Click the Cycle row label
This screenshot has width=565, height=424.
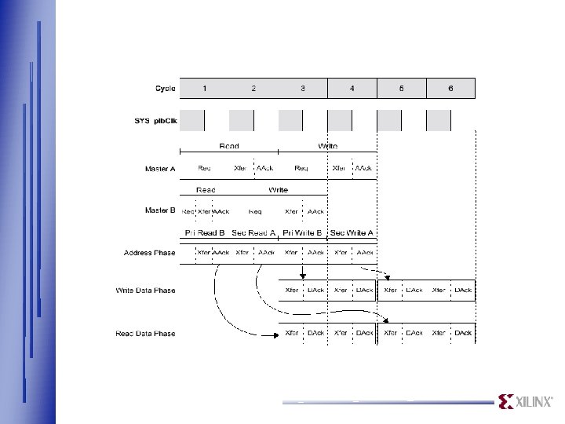pyautogui.click(x=165, y=88)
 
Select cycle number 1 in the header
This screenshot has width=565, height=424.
pyautogui.click(x=205, y=88)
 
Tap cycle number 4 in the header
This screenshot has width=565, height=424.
pyautogui.click(x=352, y=88)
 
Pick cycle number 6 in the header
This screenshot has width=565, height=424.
pyautogui.click(x=450, y=88)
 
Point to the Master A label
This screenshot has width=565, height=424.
pyautogui.click(x=162, y=169)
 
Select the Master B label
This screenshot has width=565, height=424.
pyautogui.click(x=162, y=211)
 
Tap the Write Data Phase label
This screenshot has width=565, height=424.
pyautogui.click(x=146, y=291)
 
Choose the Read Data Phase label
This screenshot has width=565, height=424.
pyautogui.click(x=146, y=334)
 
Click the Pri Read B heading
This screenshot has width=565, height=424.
pyautogui.click(x=205, y=233)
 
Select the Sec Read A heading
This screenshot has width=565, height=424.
pyautogui.click(x=253, y=233)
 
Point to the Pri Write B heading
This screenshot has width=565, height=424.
pyautogui.click(x=303, y=233)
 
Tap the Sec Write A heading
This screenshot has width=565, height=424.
pyautogui.click(x=352, y=233)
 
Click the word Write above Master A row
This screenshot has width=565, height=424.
pyautogui.click(x=328, y=146)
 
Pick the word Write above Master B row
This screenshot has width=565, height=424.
pyautogui.click(x=278, y=190)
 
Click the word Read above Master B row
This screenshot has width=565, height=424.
pyautogui.click(x=206, y=190)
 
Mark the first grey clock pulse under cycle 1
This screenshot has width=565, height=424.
pyautogui.click(x=192, y=120)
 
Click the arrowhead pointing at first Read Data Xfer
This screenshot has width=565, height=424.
pyautogui.click(x=275, y=334)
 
